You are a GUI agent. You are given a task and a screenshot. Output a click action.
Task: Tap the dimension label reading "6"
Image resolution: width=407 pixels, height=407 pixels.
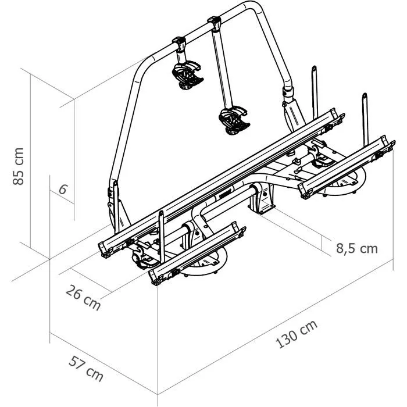coord(63,189)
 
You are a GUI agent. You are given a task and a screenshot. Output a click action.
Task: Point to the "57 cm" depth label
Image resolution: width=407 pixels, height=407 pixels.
coord(85,366)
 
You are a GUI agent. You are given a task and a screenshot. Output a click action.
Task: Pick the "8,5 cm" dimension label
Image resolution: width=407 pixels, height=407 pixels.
coord(357,249)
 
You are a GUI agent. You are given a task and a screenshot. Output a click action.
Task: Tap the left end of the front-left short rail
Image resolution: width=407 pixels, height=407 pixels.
coord(155,275)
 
